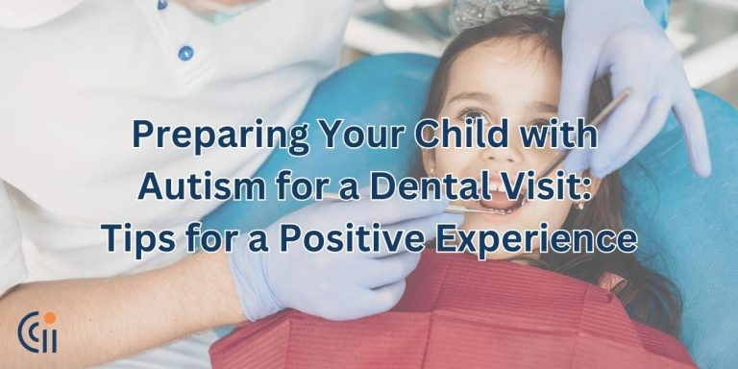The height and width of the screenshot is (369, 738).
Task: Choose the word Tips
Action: click(x=136, y=237)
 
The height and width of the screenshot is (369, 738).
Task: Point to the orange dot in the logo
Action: click(x=49, y=318)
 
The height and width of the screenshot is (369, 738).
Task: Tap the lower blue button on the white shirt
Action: click(x=185, y=53)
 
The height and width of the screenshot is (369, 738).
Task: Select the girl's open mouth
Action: click(x=500, y=203)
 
